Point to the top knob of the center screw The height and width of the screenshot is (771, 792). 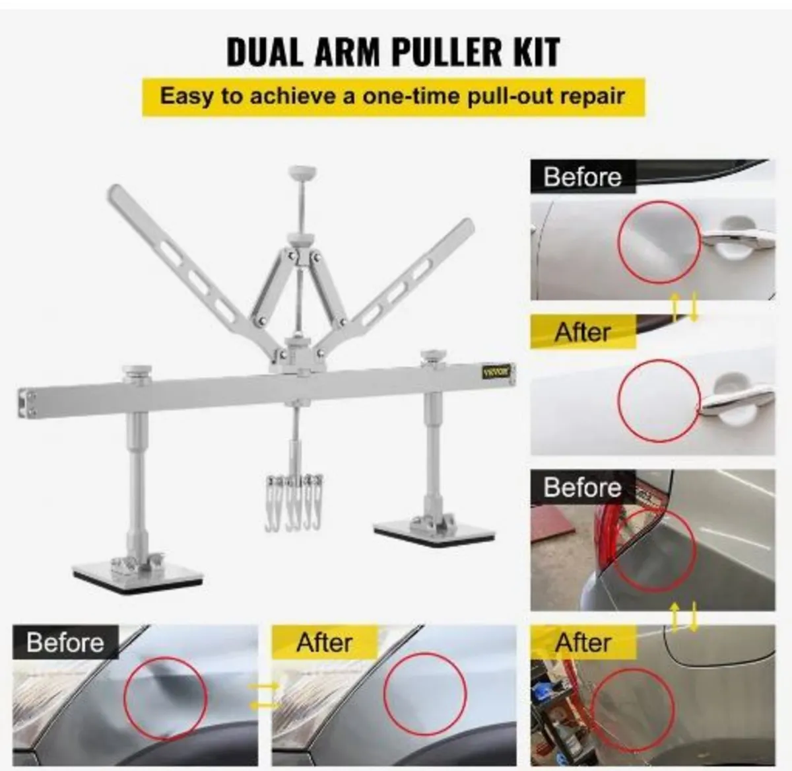(302, 174)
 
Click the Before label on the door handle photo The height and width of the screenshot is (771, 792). (582, 177)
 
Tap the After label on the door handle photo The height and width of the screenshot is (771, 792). (582, 332)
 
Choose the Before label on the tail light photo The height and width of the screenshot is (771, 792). (582, 488)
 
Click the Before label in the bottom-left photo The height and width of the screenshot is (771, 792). (65, 642)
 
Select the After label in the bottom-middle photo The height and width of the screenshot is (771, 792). (324, 642)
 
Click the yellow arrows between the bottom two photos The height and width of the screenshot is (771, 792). (265, 696)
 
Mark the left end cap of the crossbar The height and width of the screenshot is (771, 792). (26, 402)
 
